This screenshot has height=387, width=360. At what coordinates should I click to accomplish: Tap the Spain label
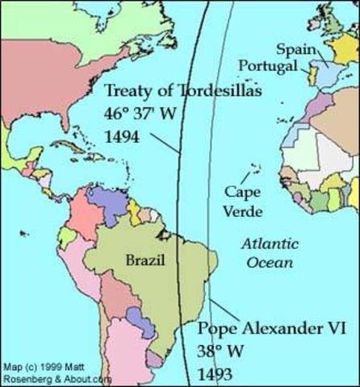pyautogui.click(x=291, y=48)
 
